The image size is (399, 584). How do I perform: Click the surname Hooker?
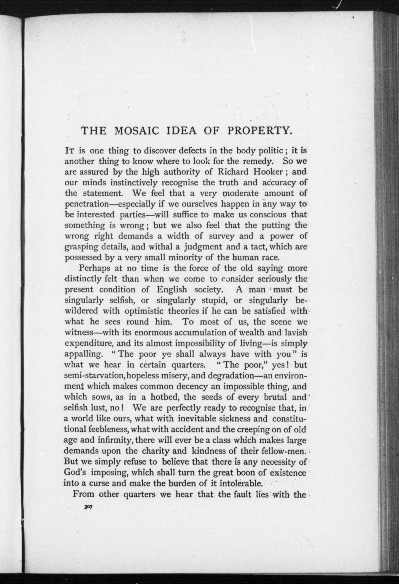tap(269, 172)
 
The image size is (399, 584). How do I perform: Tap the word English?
tap(172, 290)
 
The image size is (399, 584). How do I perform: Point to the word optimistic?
tap(144, 311)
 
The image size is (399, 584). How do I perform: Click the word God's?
tap(75, 473)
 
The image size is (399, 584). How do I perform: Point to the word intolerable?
tap(241, 483)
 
